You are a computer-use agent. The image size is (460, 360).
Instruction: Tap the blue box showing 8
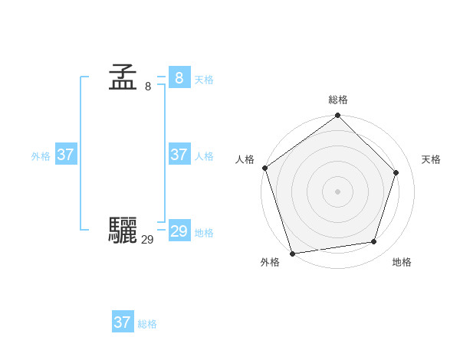pos(179,77)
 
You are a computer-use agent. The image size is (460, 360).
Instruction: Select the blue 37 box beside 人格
pos(179,155)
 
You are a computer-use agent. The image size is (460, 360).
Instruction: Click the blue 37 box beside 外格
pos(65,155)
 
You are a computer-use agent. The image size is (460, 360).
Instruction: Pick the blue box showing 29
pos(179,231)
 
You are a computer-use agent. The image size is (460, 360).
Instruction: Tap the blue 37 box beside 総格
pos(122,322)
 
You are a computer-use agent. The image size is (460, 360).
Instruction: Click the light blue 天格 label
pos(204,80)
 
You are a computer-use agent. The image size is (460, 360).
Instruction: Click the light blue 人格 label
pos(204,156)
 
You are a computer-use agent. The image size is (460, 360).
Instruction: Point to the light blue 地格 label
pos(204,233)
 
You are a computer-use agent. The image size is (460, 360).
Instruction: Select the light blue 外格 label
pos(41,156)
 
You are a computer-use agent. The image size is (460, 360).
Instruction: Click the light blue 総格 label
pos(147,324)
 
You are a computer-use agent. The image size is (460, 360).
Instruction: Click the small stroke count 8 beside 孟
pos(148,87)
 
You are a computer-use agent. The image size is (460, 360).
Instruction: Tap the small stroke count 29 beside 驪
pos(147,240)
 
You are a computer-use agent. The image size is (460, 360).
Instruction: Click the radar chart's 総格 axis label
pos(338,100)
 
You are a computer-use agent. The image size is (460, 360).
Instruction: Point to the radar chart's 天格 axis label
pos(431,159)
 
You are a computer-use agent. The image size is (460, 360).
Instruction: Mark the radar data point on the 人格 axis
pos(265,168)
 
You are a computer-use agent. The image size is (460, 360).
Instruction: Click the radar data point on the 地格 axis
pos(374,242)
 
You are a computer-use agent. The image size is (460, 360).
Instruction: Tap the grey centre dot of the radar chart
pos(337,191)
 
